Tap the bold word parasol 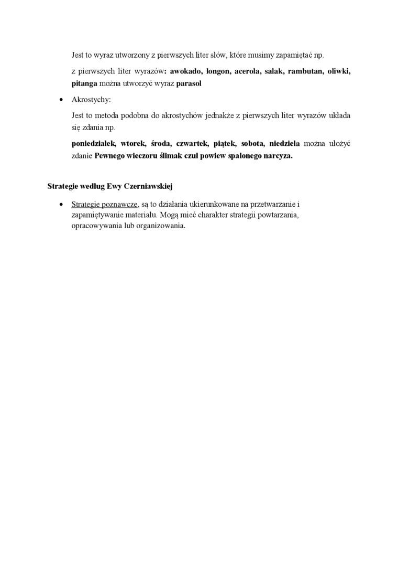pyautogui.click(x=189, y=84)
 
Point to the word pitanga pyautogui.click(x=85, y=84)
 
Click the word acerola pyautogui.click(x=248, y=71)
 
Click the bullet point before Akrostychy pyautogui.click(x=62, y=100)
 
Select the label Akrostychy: pyautogui.click(x=91, y=100)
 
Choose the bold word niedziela pyautogui.click(x=284, y=143)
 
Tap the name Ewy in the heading pyautogui.click(x=113, y=186)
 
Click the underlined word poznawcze pyautogui.click(x=119, y=204)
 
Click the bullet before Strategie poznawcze pyautogui.click(x=62, y=204)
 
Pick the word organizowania pyautogui.click(x=160, y=227)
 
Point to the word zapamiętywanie pyautogui.click(x=99, y=216)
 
